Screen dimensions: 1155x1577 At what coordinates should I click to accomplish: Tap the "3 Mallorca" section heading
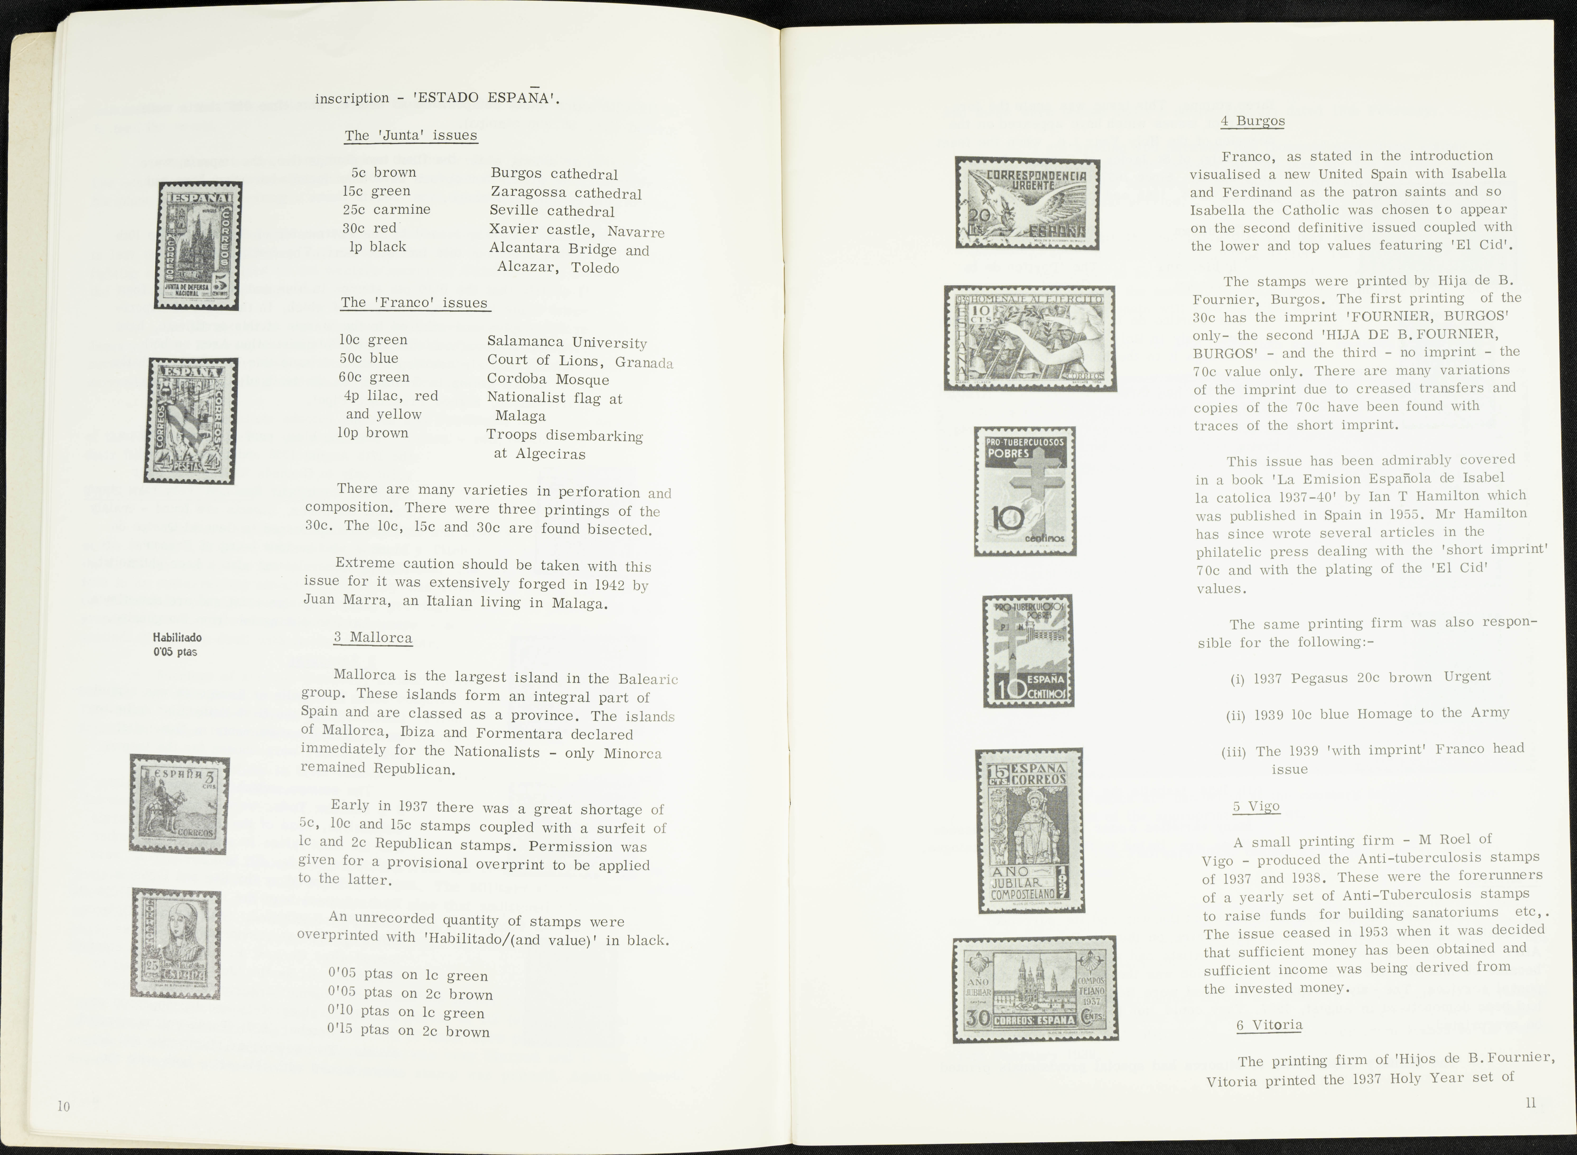coord(372,638)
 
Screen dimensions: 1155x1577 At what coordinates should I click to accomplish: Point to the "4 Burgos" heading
coord(1253,121)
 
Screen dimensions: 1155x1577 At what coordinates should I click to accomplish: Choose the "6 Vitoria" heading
coord(1269,1025)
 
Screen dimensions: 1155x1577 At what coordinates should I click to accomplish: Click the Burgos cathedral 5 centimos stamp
coord(198,245)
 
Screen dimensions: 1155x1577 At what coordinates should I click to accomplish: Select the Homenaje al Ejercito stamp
coord(1030,338)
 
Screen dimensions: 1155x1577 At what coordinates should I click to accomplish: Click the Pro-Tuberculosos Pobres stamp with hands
coord(1025,492)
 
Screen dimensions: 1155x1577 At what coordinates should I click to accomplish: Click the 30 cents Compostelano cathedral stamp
coord(1035,989)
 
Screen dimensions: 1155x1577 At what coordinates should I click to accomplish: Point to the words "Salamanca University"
coord(566,342)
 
